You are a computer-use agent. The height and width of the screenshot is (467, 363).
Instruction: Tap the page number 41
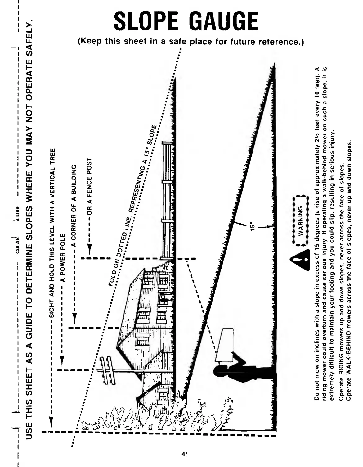(x=185, y=454)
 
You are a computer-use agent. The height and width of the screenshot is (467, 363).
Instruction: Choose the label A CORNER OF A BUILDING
(x=74, y=202)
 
